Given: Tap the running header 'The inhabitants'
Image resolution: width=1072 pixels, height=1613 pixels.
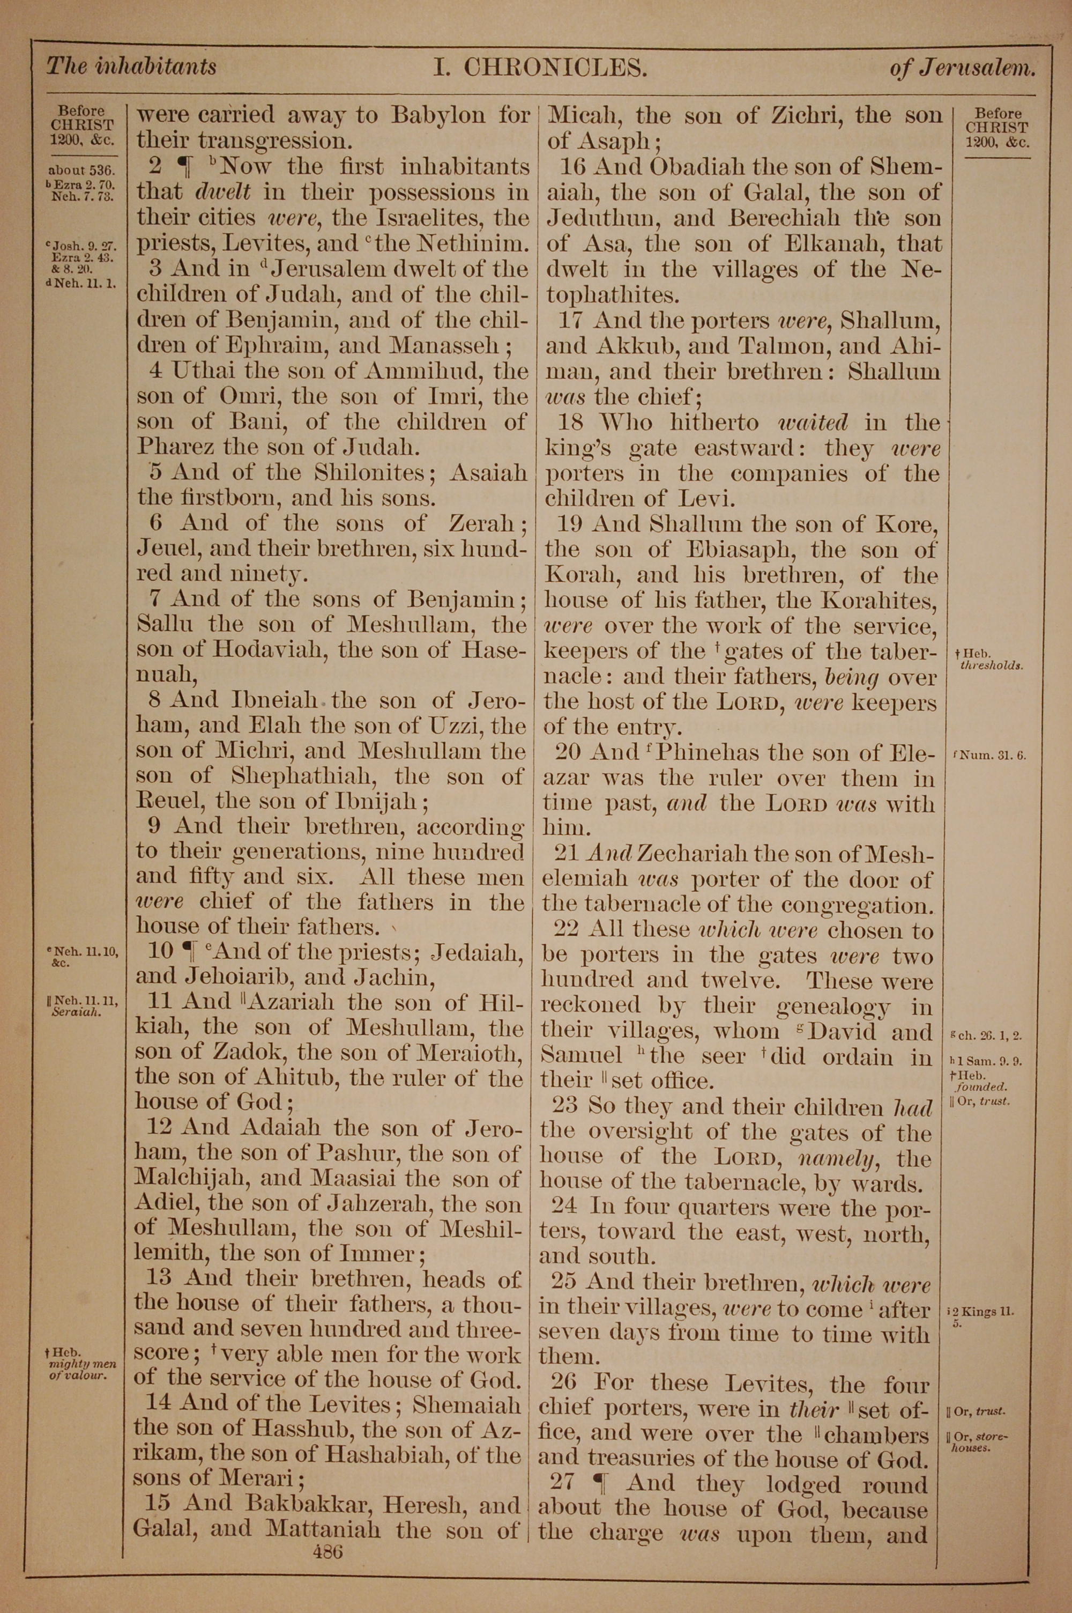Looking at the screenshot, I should click(x=131, y=66).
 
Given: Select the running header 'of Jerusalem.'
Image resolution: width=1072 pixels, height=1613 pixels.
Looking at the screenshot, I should click(x=962, y=69).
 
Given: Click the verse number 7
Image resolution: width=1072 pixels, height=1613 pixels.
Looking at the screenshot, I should click(x=154, y=599).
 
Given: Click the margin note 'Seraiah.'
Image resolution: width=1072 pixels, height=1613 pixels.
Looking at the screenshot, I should click(x=77, y=1012).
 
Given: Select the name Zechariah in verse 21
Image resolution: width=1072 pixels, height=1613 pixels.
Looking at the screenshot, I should click(x=697, y=854).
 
